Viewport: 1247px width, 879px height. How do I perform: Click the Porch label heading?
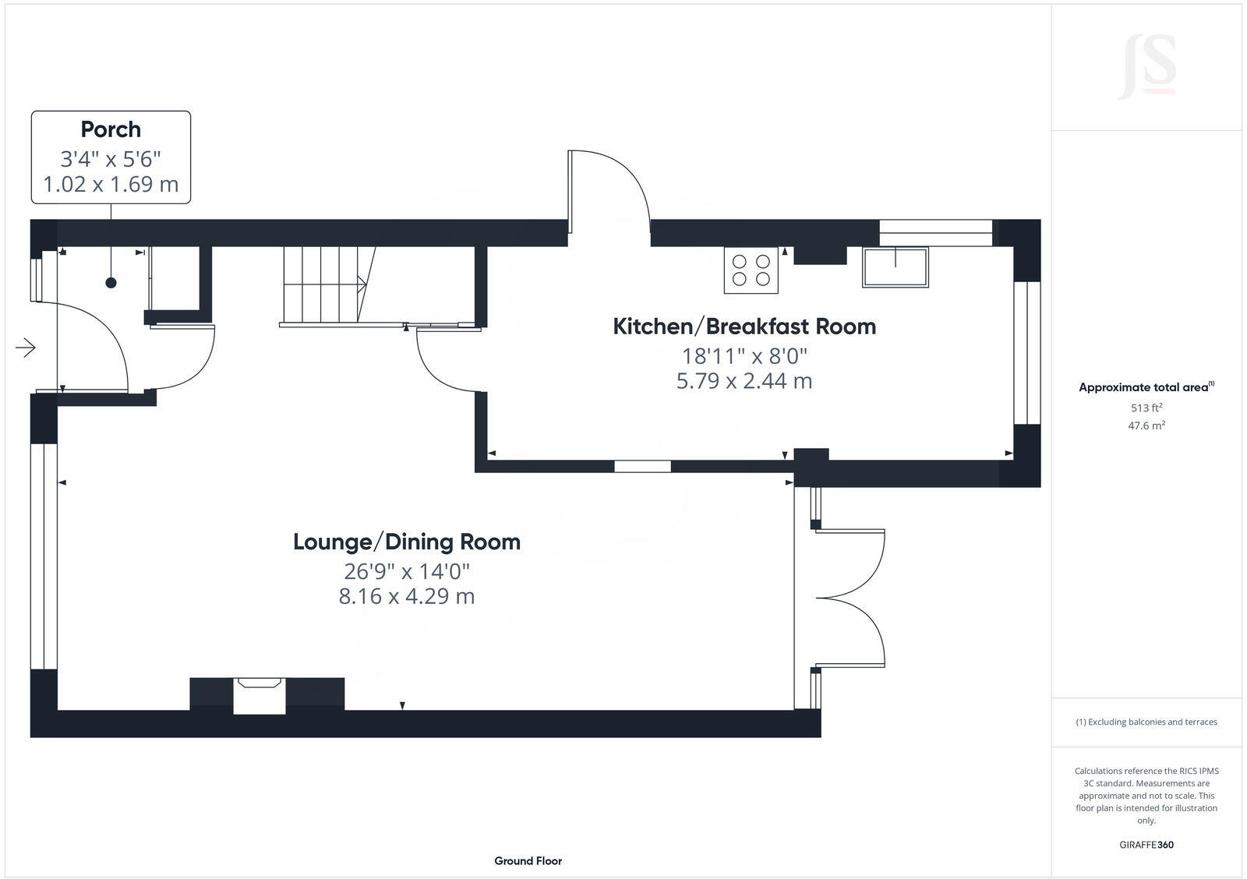click(x=111, y=129)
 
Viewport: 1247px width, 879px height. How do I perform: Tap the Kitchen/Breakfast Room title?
click(x=744, y=326)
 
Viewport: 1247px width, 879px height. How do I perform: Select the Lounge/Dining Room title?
click(x=406, y=542)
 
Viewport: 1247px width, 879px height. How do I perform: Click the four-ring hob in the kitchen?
click(x=751, y=270)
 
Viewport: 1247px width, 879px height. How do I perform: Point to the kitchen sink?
click(x=895, y=267)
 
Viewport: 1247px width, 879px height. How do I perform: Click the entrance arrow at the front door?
click(x=26, y=348)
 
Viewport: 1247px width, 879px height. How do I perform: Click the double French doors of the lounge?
click(x=850, y=598)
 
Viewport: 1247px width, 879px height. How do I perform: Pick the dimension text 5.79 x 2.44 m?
click(x=744, y=381)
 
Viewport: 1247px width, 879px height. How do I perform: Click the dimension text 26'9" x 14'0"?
click(x=407, y=571)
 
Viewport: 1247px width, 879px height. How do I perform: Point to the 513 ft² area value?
click(x=1146, y=408)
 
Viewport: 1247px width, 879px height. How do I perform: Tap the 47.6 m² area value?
click(x=1146, y=425)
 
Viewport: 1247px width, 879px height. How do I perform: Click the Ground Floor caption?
click(x=528, y=861)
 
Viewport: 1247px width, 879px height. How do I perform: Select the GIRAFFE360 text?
click(x=1146, y=845)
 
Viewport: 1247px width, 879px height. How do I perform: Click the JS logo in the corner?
click(x=1146, y=68)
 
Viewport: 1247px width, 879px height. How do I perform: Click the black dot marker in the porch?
click(x=111, y=283)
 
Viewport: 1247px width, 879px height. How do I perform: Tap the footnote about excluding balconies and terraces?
click(x=1146, y=722)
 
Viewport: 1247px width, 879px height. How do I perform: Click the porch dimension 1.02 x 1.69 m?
click(x=111, y=185)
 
